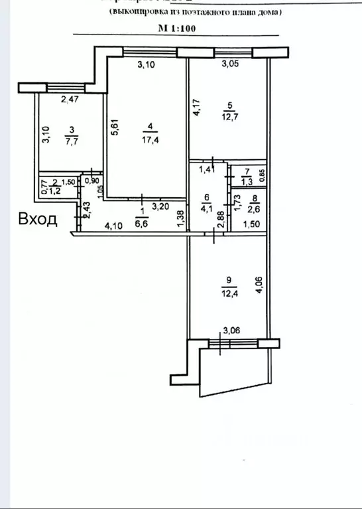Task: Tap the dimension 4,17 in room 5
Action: click(196, 108)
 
